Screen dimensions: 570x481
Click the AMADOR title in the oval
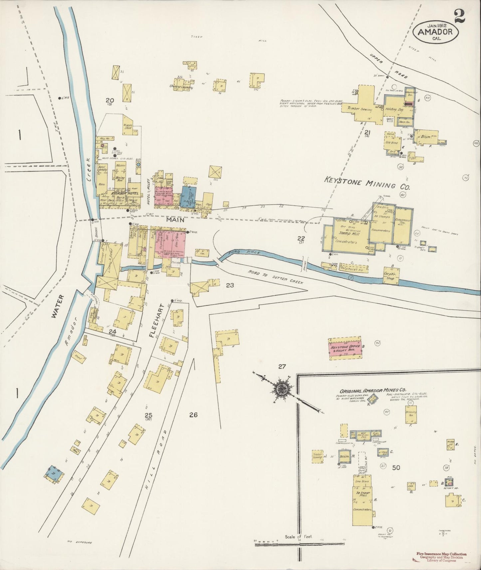435,32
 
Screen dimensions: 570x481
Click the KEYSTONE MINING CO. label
367,183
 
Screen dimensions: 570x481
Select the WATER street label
58,306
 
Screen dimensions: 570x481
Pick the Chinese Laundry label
181,87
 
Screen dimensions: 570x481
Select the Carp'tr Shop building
391,276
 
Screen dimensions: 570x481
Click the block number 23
230,285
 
